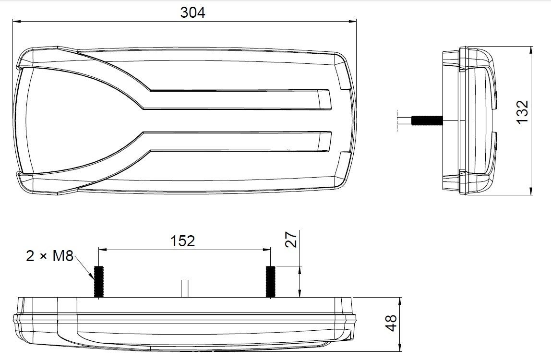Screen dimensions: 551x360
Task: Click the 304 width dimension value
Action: tap(192, 12)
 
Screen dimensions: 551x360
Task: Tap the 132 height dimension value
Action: tap(523, 112)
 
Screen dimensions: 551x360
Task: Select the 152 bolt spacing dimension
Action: tap(182, 241)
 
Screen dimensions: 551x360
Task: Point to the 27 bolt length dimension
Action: tap(291, 239)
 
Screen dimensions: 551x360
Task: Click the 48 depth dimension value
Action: tap(391, 323)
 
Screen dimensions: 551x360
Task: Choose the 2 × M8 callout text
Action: tap(49, 256)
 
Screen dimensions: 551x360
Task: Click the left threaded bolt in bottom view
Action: tap(99, 282)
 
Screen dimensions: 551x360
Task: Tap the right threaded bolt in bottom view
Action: tap(271, 282)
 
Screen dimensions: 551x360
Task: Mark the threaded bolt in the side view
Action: tap(427, 121)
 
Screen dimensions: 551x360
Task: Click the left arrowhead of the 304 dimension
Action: tap(16, 22)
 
